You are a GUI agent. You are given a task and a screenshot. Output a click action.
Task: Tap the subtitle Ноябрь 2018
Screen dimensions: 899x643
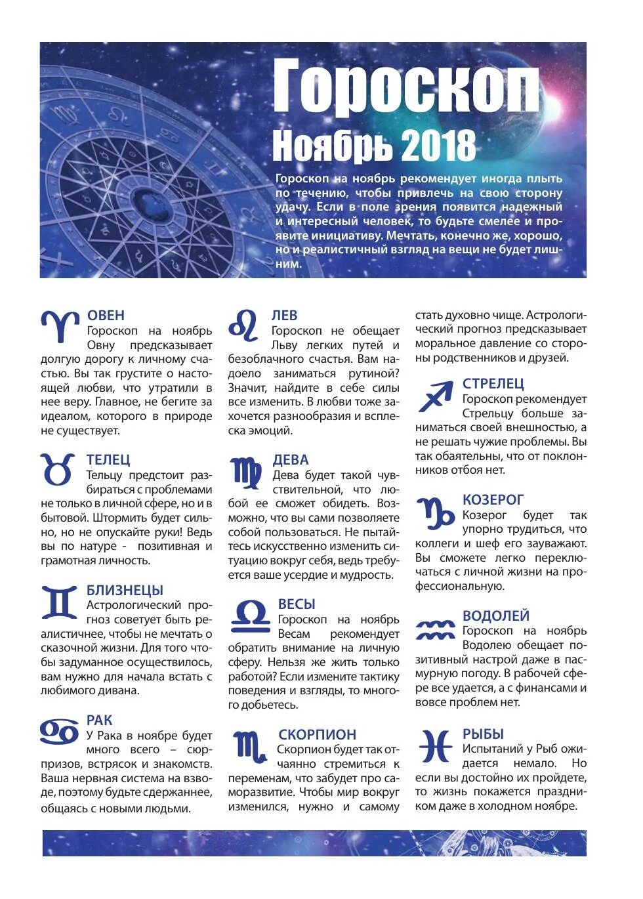click(373, 146)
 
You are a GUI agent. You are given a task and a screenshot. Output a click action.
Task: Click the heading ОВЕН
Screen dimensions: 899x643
click(106, 316)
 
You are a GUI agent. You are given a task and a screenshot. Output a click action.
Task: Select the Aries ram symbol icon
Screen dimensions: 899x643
click(60, 326)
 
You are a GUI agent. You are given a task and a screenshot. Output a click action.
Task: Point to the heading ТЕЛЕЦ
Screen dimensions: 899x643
click(108, 460)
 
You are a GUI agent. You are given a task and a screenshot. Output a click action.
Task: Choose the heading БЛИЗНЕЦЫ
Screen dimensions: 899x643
click(125, 591)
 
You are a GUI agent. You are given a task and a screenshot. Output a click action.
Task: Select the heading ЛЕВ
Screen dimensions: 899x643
click(284, 316)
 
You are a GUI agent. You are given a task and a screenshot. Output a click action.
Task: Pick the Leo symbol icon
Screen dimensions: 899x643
click(243, 326)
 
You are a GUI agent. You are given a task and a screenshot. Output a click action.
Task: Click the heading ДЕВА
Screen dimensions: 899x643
click(291, 460)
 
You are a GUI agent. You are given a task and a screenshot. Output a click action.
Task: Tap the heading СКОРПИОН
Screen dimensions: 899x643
click(317, 735)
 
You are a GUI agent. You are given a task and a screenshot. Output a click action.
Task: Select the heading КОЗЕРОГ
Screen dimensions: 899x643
click(493, 500)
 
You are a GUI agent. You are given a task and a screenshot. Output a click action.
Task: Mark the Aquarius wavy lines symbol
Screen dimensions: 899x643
click(435, 630)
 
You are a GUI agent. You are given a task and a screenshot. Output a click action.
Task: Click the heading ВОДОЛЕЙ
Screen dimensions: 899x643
click(495, 616)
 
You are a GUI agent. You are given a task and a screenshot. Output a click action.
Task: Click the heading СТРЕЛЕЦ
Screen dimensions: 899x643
click(493, 384)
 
